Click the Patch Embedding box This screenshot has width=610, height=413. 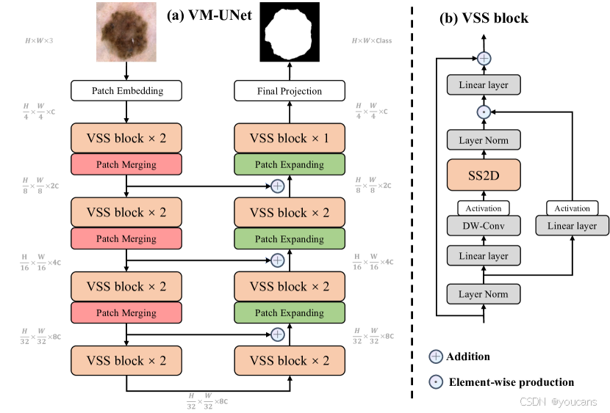coord(127,91)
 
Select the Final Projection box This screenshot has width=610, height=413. coord(290,91)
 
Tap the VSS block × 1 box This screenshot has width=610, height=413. coord(290,139)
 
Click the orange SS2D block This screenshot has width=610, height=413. coord(483,176)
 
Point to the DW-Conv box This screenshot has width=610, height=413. coord(483,226)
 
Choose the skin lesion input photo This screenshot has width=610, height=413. coord(126,32)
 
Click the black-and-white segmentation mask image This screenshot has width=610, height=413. coord(290,32)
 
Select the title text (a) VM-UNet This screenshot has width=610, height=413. coord(208,15)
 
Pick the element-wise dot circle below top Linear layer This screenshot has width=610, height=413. coord(484,112)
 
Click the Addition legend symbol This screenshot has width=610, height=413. coord(437,357)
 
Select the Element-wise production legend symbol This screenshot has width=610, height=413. coord(437,381)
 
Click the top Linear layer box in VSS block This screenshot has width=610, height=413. coord(483,85)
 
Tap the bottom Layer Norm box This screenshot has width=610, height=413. coord(483,294)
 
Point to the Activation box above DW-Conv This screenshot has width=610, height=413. coord(483,208)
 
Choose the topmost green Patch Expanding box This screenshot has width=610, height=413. coord(290,165)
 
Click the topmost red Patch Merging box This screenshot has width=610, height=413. coord(127,165)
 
